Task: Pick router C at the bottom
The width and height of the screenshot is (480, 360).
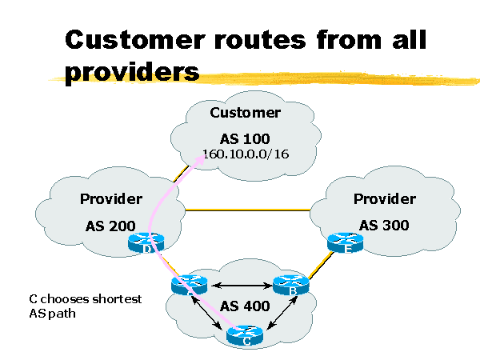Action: [x=244, y=336]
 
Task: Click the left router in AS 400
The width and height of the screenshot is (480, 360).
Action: [x=189, y=284]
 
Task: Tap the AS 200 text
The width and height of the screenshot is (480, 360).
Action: [x=111, y=226]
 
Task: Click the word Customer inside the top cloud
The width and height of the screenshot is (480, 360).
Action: [x=245, y=113]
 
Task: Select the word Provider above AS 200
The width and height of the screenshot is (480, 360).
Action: [x=111, y=199]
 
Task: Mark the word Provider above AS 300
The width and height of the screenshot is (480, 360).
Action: [x=384, y=198]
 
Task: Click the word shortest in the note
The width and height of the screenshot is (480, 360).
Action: [x=115, y=299]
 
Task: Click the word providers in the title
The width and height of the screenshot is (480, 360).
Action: [x=132, y=73]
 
